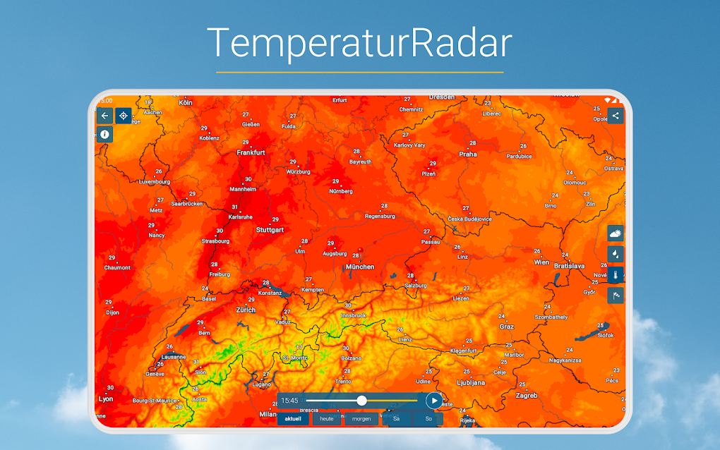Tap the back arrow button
105,116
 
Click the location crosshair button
124,116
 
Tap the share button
616,116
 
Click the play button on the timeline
434,401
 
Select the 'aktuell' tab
293,418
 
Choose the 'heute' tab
327,418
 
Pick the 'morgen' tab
361,418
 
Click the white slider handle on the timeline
361,401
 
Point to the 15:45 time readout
289,401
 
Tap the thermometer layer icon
616,274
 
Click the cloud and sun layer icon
616,233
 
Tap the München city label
360,267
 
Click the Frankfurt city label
251,152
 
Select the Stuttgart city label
270,230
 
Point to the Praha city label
468,154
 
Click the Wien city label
541,262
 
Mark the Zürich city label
246,310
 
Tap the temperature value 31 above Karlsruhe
234,207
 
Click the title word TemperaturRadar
359,43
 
